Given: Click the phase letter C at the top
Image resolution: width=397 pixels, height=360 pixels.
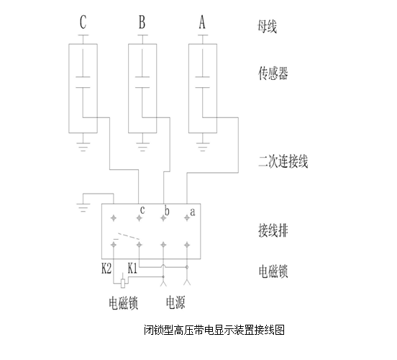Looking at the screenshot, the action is tap(83, 22).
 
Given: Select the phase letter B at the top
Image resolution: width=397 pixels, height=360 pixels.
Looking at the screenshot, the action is tap(142, 22).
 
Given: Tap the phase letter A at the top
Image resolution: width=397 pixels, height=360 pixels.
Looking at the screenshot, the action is tap(202, 22).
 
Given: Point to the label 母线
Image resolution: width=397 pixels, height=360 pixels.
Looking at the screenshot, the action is tap(267, 26).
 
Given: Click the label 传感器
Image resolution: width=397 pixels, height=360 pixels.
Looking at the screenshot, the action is tap(273, 73).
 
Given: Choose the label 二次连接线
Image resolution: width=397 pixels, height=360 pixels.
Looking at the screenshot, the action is tap(283, 161).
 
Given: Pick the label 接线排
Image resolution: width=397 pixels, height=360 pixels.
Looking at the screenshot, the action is tap(273, 230).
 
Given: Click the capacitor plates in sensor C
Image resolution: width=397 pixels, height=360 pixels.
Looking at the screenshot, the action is tap(83, 82).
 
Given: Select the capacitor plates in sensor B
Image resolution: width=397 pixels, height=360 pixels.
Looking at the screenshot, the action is tap(142, 82).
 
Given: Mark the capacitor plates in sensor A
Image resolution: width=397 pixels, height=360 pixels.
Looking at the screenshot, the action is tap(203, 82).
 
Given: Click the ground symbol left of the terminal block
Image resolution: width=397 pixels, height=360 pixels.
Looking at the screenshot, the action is tap(83, 207).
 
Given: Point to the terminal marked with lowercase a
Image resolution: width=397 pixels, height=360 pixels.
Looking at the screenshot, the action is tap(187, 217).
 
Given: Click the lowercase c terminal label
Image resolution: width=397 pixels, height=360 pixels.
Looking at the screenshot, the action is tap(142, 210).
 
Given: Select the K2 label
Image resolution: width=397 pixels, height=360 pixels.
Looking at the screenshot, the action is tap(106, 269).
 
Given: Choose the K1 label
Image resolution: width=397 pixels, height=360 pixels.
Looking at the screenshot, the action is tap(132, 269).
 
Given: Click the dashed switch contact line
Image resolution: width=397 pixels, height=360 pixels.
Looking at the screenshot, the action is tap(128, 235).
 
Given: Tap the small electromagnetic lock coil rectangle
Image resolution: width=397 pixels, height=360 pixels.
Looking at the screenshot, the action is tap(123, 283).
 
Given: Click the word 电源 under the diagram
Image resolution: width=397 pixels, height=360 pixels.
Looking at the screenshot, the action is tap(175, 302).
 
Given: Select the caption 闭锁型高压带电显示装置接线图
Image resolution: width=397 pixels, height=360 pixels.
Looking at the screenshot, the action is tap(214, 330).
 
